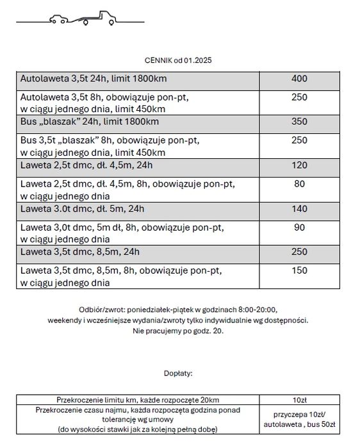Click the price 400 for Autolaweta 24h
pyautogui.click(x=299, y=79)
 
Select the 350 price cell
pyautogui.click(x=299, y=122)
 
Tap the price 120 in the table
pyautogui.click(x=299, y=165)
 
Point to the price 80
pyautogui.click(x=299, y=184)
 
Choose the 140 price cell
pyautogui.click(x=299, y=209)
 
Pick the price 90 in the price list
pyautogui.click(x=299, y=228)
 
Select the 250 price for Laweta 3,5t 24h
pyautogui.click(x=299, y=252)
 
